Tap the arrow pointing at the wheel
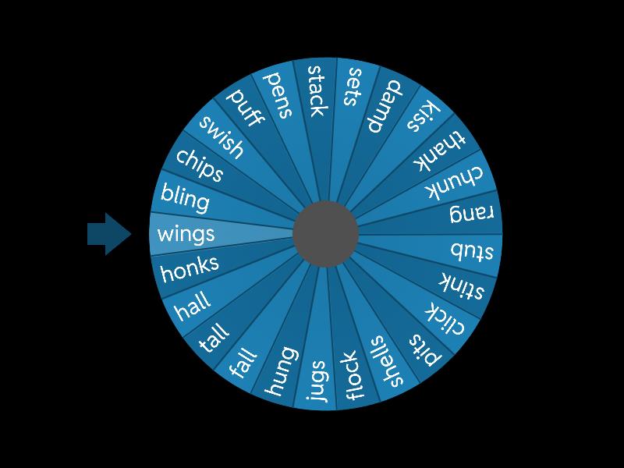click(109, 233)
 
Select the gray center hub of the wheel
click(325, 233)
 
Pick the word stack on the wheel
click(315, 90)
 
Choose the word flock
click(353, 376)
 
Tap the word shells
click(388, 361)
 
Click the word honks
click(190, 268)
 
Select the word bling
click(185, 198)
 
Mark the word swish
click(221, 136)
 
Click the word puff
click(246, 107)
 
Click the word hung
click(281, 370)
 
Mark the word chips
click(200, 165)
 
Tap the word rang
click(472, 214)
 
